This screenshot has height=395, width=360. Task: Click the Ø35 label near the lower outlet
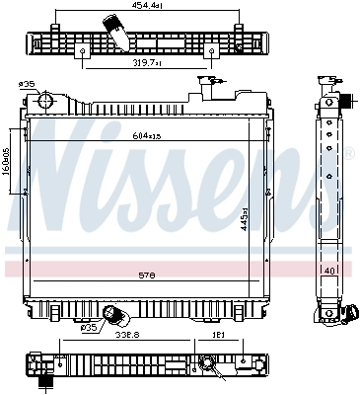[x=88, y=327]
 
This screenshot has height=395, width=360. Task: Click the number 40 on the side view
[x=330, y=271]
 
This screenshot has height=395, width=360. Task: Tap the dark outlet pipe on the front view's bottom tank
[x=117, y=316]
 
